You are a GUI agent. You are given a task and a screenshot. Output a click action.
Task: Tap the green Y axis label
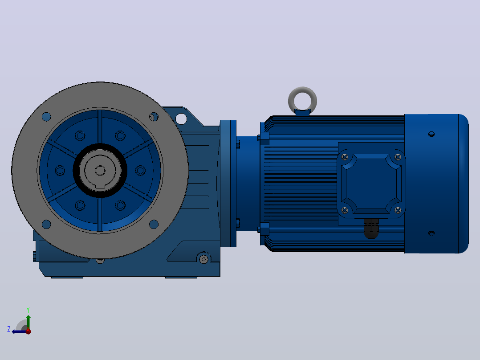pos(28,310)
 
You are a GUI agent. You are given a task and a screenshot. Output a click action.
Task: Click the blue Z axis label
pos(9,329)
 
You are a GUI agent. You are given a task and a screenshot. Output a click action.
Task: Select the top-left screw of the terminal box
pos(345,157)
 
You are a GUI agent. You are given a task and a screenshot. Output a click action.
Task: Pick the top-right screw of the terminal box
pos(398,157)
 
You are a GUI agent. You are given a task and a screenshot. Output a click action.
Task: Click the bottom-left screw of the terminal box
pos(345,210)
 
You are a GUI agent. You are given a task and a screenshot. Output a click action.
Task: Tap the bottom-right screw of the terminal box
pos(398,210)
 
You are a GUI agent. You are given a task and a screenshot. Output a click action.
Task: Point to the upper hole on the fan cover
pos(431,134)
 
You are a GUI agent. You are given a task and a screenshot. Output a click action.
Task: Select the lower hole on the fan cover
pos(431,233)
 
